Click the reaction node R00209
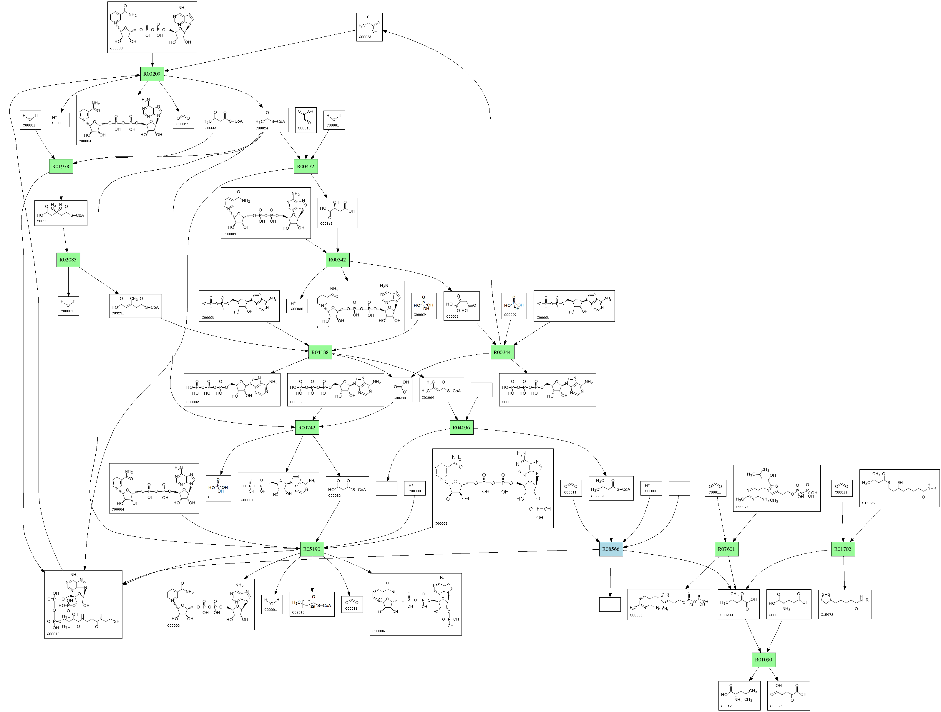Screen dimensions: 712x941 pos(152,74)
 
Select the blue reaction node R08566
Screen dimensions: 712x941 pos(611,549)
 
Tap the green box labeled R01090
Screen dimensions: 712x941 pos(764,660)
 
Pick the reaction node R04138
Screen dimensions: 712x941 pos(320,352)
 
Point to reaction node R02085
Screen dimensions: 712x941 pos(68,260)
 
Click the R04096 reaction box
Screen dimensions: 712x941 pos(461,427)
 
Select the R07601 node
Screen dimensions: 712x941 pos(726,549)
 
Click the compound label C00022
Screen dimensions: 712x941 pos(365,37)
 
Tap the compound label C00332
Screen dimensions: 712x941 pos(210,128)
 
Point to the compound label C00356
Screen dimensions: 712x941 pos(43,221)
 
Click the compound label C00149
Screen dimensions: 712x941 pos(326,224)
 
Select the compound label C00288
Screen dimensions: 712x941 pos(399,398)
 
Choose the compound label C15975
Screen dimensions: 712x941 pos(868,503)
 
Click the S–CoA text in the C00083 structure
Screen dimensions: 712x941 pos(359,490)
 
